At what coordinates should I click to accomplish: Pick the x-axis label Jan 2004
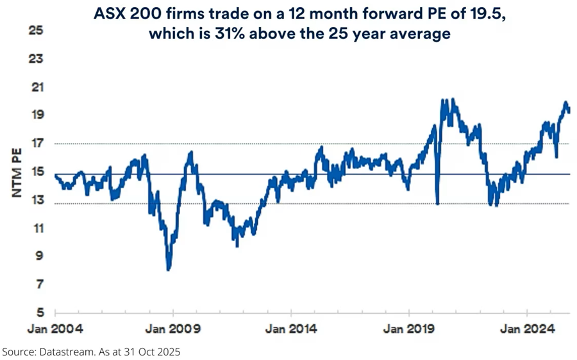tap(54, 330)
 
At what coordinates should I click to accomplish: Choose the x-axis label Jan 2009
tap(172, 330)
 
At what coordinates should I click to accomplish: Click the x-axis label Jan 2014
tap(290, 330)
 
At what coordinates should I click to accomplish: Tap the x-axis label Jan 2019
tap(409, 330)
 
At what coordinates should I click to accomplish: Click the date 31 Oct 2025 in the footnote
tap(156, 352)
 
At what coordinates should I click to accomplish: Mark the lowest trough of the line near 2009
tap(168, 270)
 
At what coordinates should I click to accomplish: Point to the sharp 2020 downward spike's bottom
tap(437, 204)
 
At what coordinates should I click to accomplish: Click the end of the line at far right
tap(569, 111)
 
